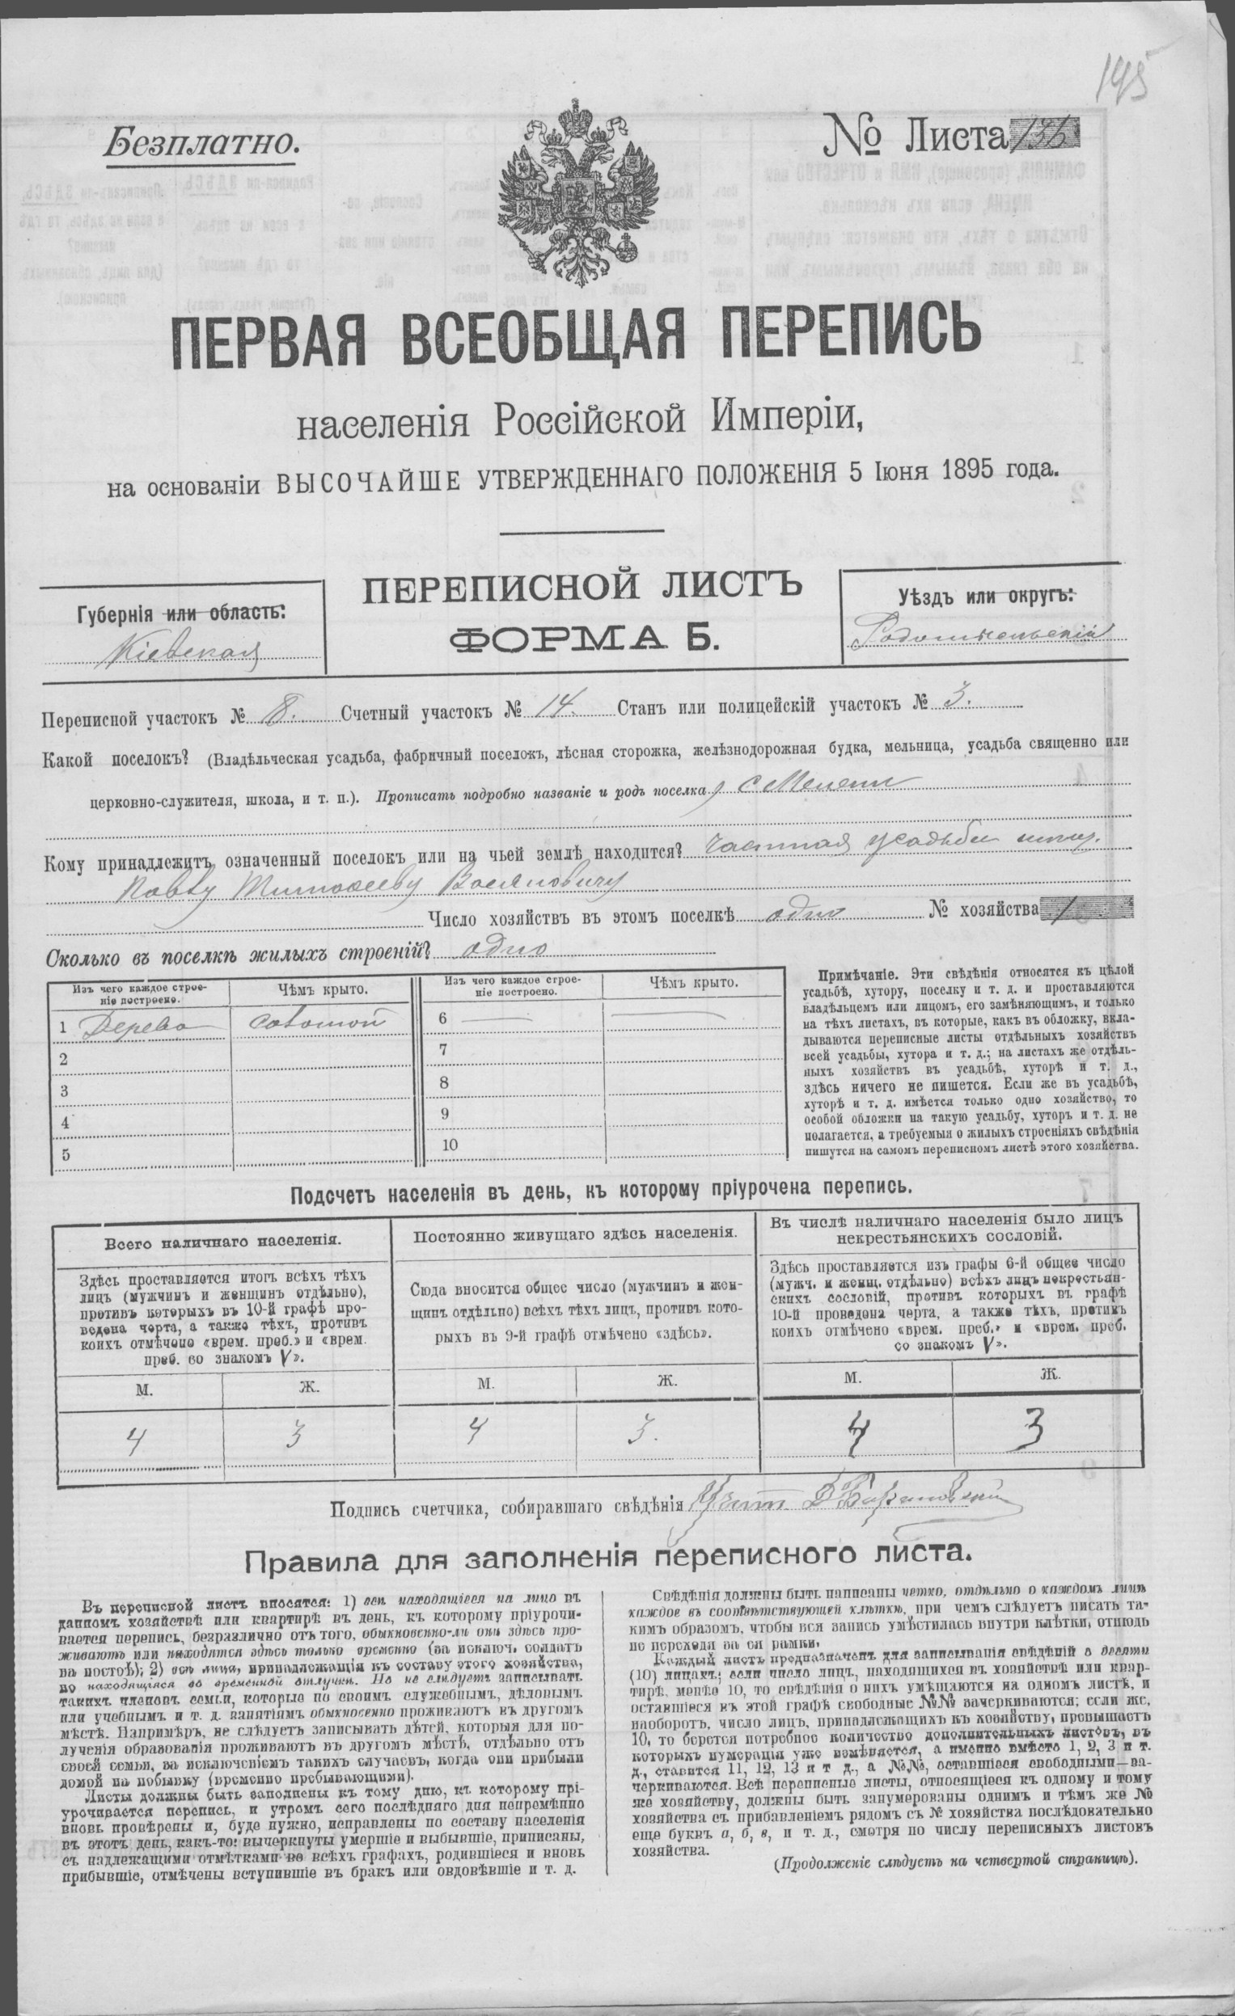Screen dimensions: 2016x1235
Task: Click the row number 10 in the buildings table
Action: (450, 1145)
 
